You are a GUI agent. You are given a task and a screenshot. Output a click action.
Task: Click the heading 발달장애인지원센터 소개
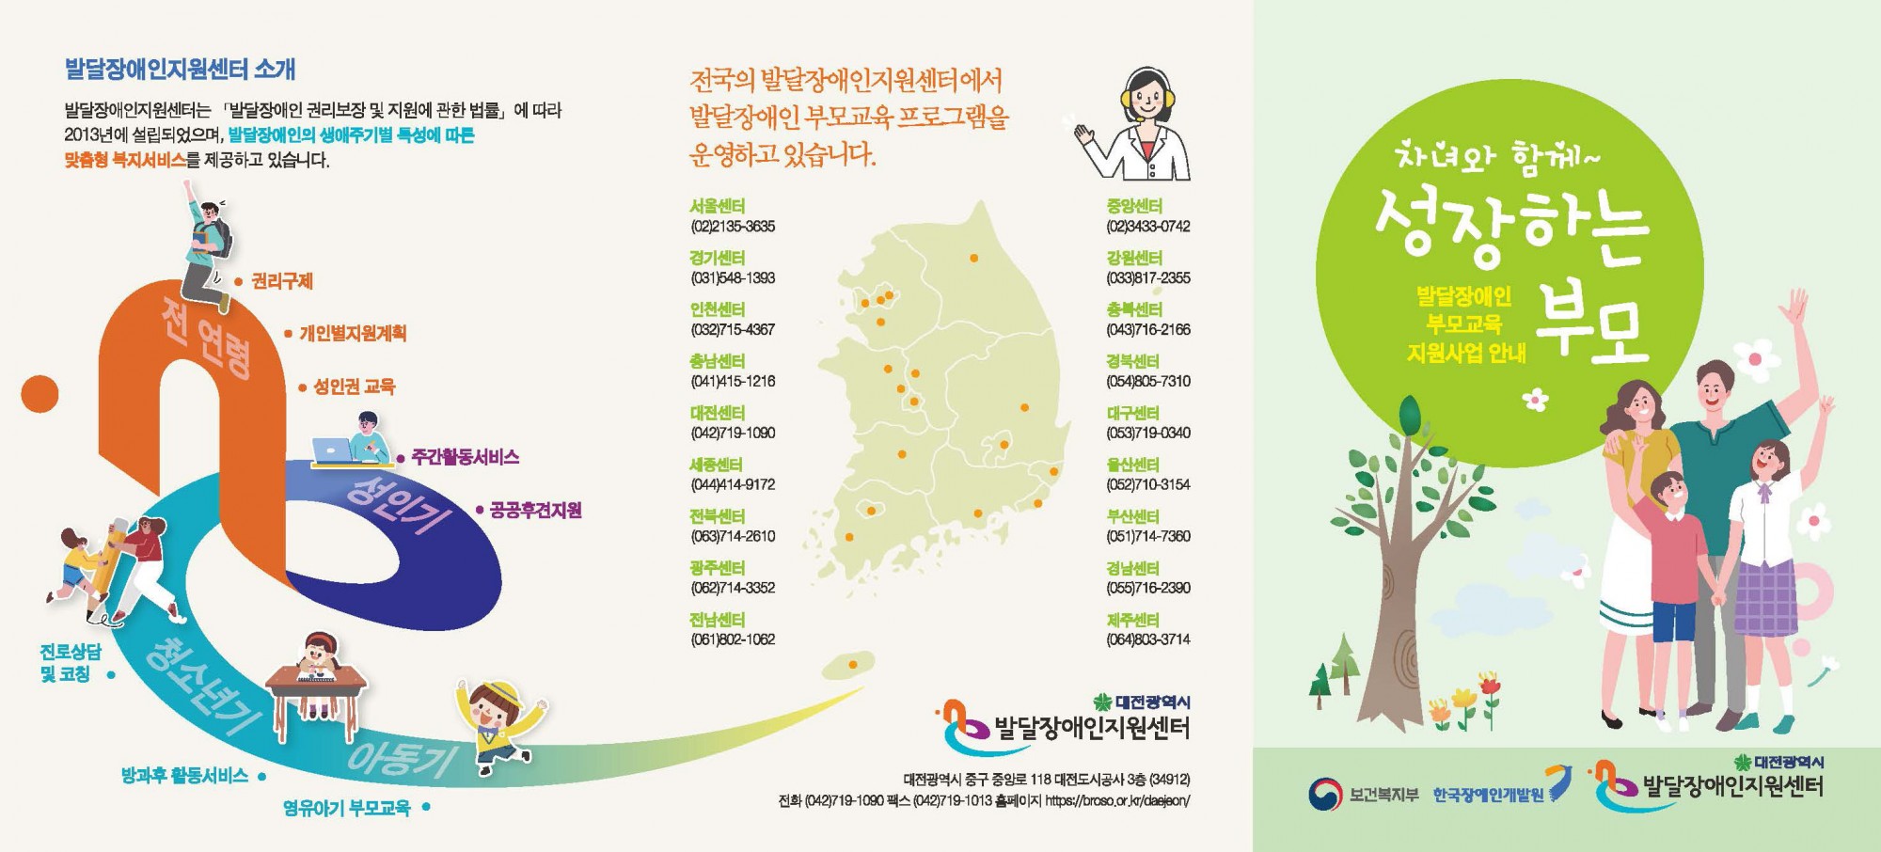pyautogui.click(x=180, y=69)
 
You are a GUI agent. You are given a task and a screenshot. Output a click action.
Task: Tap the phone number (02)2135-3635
pyautogui.click(x=733, y=227)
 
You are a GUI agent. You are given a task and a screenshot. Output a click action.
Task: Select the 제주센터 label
pyautogui.click(x=1133, y=620)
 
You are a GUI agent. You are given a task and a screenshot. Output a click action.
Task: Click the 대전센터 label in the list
pyautogui.click(x=717, y=413)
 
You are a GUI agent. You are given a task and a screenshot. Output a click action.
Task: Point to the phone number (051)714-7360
pyautogui.click(x=1147, y=537)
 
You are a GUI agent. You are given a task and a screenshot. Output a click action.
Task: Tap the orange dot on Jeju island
pyautogui.click(x=853, y=665)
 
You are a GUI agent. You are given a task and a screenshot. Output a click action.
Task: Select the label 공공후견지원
pyautogui.click(x=535, y=511)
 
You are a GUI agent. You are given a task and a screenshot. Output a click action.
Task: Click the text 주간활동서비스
pyautogui.click(x=465, y=458)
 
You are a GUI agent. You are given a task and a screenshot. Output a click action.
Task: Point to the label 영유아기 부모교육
pyautogui.click(x=346, y=808)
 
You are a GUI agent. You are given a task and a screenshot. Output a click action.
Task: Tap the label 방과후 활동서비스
pyautogui.click(x=184, y=776)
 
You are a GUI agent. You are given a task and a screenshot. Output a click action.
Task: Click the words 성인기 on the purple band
pyautogui.click(x=400, y=505)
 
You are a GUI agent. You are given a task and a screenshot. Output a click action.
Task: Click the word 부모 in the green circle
pyautogui.click(x=1591, y=324)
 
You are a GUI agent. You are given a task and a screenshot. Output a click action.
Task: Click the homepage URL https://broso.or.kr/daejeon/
pyautogui.click(x=1117, y=801)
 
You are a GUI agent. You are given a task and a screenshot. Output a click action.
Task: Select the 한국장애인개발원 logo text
pyautogui.click(x=1488, y=796)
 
